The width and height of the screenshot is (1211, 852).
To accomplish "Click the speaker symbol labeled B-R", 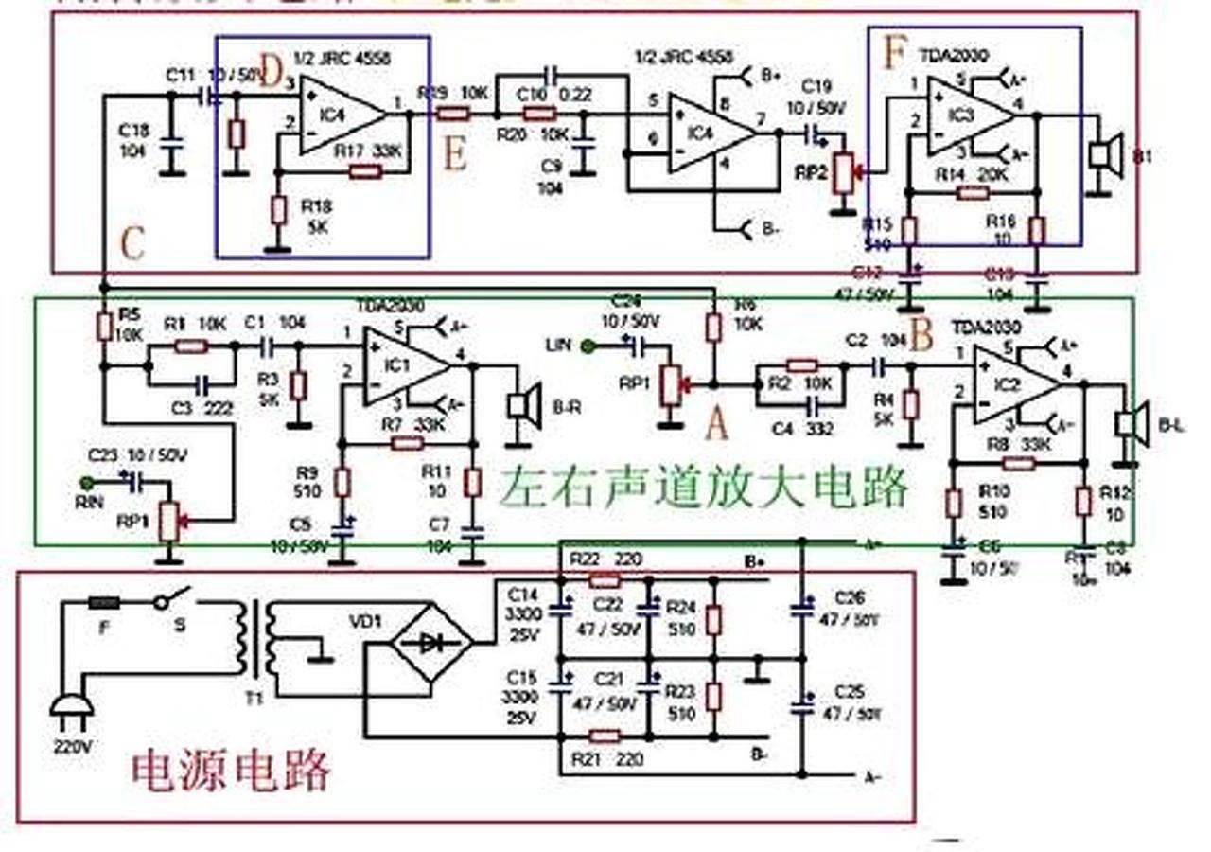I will (518, 404).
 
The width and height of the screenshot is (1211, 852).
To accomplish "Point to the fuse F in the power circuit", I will (103, 602).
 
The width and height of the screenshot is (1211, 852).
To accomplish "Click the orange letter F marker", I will (893, 54).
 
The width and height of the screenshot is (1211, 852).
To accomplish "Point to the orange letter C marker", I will (132, 245).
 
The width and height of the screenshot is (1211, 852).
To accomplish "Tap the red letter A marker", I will (717, 425).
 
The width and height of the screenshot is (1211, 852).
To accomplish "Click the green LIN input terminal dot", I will (588, 346).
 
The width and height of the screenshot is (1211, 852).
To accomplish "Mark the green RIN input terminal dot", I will (88, 484).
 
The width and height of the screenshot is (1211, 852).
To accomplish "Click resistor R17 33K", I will (365, 171).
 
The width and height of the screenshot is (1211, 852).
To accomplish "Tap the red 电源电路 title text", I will (231, 770).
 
